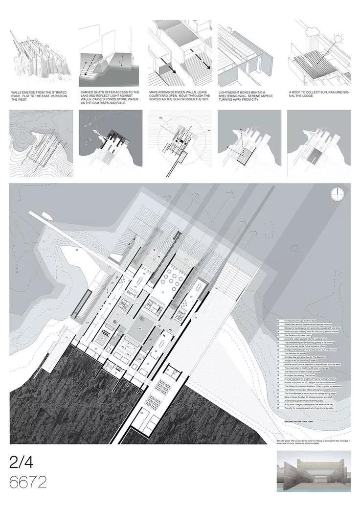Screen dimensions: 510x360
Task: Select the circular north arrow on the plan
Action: tap(337, 194)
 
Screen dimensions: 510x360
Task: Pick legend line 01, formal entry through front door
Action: tap(298, 321)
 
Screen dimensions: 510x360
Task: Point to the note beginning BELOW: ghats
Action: tap(313, 441)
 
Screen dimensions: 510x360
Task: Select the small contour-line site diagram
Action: tap(40, 138)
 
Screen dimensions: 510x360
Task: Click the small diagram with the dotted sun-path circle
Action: tap(179, 138)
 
